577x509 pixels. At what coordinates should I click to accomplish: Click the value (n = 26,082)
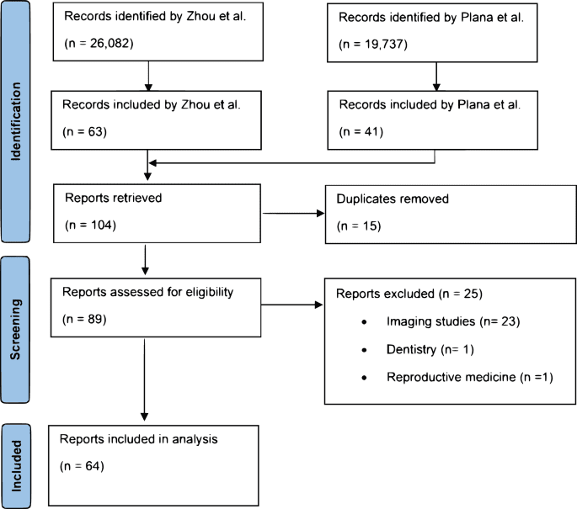(x=98, y=41)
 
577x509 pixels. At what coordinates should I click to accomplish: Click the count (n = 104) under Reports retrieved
(x=88, y=225)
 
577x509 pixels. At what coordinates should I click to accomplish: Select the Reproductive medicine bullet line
(x=467, y=376)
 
